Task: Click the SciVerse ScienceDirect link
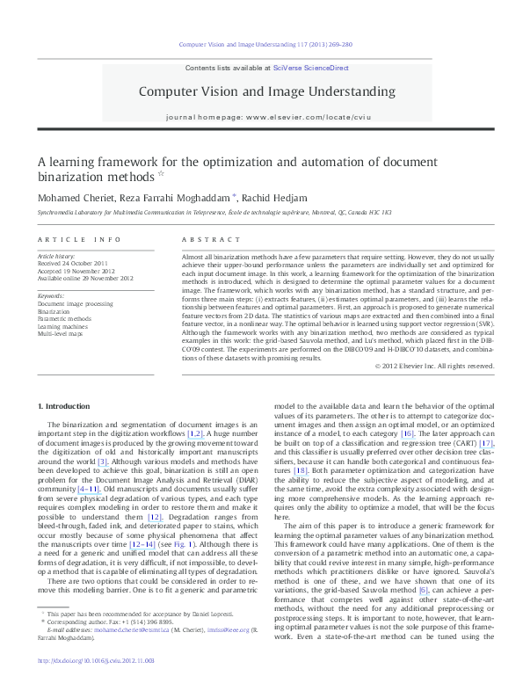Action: click(311, 68)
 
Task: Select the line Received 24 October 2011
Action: click(73, 263)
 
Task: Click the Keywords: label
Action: click(51, 295)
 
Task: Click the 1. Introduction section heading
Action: click(66, 406)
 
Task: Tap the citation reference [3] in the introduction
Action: click(102, 462)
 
